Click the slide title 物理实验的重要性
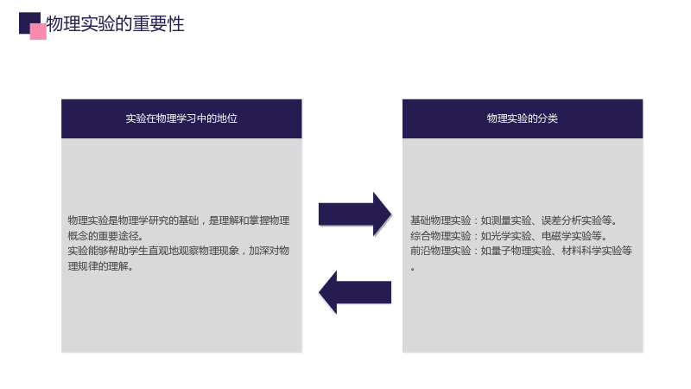[x=115, y=23]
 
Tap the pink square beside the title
[x=38, y=32]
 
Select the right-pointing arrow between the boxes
[x=355, y=214]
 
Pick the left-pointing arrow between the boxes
[x=355, y=292]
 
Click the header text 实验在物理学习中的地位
[x=181, y=118]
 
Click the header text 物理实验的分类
[x=523, y=118]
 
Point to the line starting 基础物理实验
[x=514, y=220]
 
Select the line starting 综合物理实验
[x=509, y=235]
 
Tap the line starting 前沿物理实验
[x=522, y=251]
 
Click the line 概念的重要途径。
[x=105, y=235]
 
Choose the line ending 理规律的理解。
[x=100, y=266]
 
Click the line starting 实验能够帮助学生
[x=179, y=251]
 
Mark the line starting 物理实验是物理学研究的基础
[x=179, y=220]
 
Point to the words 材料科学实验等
[x=597, y=251]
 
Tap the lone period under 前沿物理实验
[x=413, y=269]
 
